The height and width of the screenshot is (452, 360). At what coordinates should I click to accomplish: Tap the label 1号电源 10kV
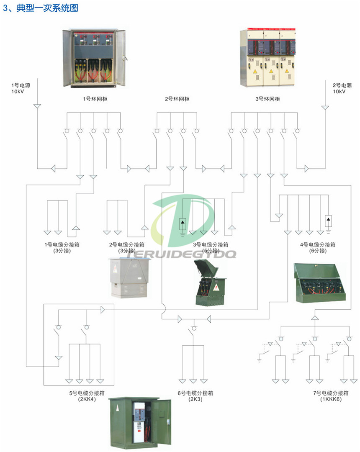pos(19,88)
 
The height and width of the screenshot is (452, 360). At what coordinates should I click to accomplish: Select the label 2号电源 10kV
pos(340,88)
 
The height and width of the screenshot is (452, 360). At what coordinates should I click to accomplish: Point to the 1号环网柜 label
pos(93,99)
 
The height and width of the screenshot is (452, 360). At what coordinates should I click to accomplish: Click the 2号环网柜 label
pos(177,99)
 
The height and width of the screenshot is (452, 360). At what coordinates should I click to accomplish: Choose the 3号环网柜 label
pos(267,99)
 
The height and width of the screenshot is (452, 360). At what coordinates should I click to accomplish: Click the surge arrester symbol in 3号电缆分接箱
pos(183,224)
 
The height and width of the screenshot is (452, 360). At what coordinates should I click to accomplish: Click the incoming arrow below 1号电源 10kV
pos(37,106)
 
